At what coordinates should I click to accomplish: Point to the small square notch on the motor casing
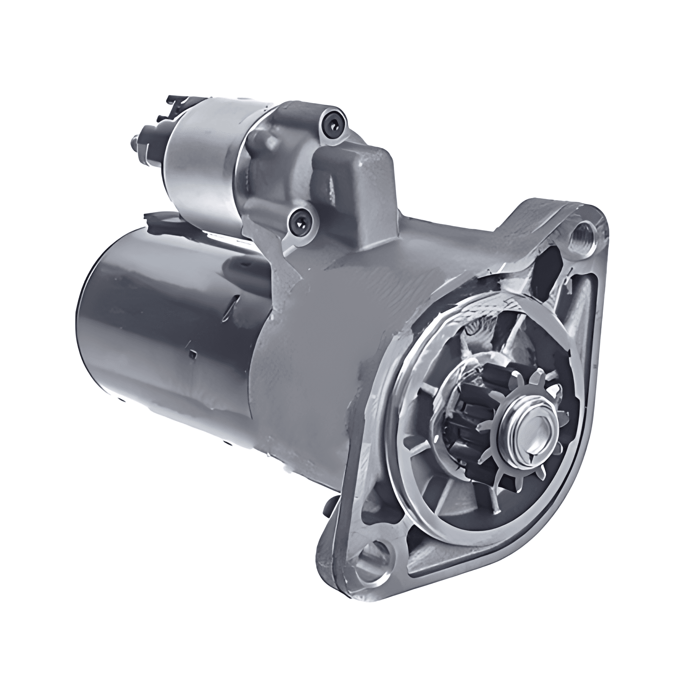(x=193, y=355)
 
